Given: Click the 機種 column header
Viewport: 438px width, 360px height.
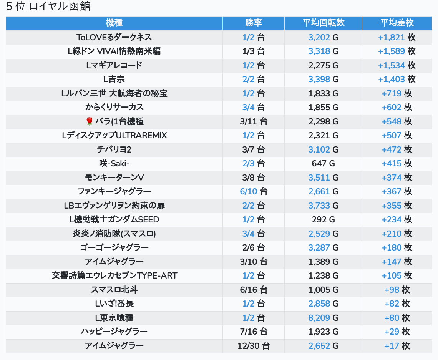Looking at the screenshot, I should coord(114,23).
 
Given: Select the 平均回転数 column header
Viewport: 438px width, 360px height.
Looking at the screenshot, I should coord(323,23).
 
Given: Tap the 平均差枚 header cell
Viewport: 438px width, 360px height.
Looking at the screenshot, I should coord(397,23).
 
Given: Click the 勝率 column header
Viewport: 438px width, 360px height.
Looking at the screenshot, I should coord(254,23).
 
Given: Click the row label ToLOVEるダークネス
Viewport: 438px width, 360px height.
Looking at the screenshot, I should coord(114,37).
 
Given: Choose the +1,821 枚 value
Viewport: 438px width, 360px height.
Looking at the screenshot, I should coord(397,37).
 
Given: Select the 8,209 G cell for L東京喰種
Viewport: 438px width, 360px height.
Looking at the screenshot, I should coord(323,318).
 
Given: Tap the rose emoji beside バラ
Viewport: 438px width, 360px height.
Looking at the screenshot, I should coord(90,122).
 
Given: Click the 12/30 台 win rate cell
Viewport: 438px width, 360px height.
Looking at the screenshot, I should coord(254,346).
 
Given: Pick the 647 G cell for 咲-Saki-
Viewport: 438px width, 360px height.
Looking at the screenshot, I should coord(323,164).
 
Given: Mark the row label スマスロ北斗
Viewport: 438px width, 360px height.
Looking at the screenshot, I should coord(114,290).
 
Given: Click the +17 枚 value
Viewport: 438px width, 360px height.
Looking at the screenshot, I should coord(397,346).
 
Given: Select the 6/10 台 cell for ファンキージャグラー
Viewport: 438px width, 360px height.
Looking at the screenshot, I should coord(254,191).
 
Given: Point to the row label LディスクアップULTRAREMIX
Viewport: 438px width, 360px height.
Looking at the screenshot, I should coord(114,136).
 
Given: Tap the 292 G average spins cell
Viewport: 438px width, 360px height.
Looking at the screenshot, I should coord(323,219).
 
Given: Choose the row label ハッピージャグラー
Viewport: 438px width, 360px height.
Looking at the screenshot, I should coord(114,332).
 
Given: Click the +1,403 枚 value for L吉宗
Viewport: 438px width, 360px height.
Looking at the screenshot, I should coord(397,79).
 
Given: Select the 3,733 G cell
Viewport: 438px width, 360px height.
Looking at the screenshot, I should coord(323,206).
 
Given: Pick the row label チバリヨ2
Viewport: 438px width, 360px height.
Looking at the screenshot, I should coord(114,149).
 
